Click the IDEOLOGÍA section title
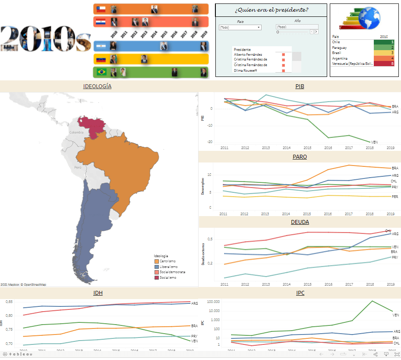[x=97, y=86]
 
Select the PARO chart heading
[x=300, y=156]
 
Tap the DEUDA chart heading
[x=300, y=222]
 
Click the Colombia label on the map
[x=76, y=132]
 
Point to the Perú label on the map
[x=78, y=167]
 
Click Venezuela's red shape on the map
[x=96, y=126]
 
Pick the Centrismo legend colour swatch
[x=157, y=261]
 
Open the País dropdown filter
[x=240, y=27]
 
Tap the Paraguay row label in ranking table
[x=340, y=48]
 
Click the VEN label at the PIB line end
[x=374, y=142]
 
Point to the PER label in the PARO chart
[x=395, y=197]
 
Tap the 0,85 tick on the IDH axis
[x=8, y=302]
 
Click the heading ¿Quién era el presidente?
[x=271, y=10]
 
